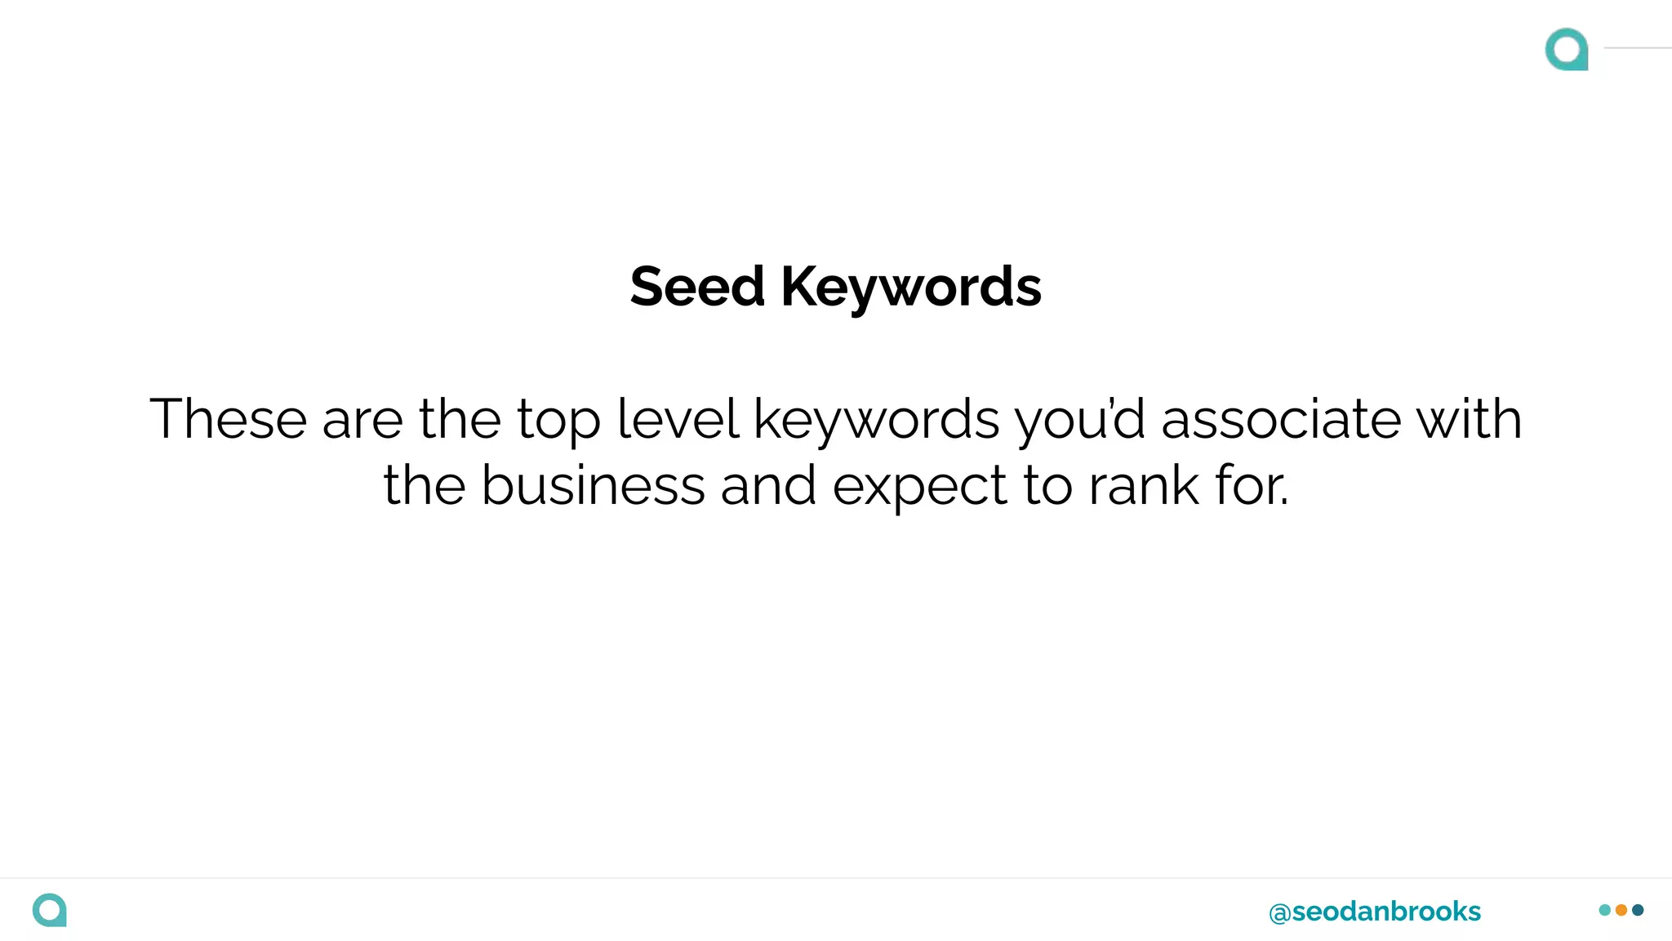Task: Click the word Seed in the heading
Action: click(697, 287)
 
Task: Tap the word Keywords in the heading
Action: click(911, 288)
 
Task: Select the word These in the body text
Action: click(228, 419)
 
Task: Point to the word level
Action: click(678, 419)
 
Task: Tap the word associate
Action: click(1280, 419)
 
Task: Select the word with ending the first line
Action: click(1469, 419)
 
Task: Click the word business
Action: click(593, 485)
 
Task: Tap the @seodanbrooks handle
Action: click(1375, 912)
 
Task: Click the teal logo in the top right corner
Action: click(1567, 49)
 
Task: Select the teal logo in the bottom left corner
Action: click(50, 910)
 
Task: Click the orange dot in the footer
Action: click(1621, 910)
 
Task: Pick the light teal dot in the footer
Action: click(1605, 910)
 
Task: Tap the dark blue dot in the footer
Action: click(1638, 910)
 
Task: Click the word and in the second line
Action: click(768, 485)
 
